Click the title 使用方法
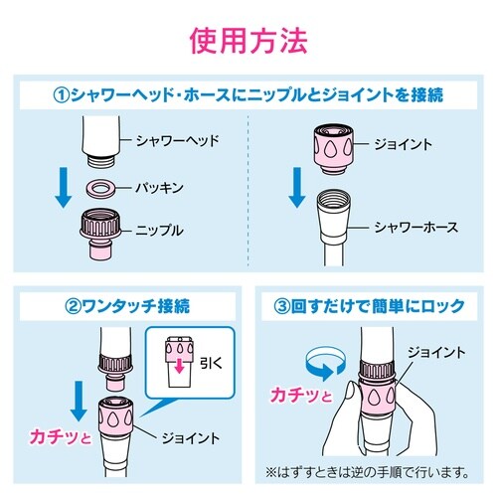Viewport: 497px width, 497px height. [x=248, y=41]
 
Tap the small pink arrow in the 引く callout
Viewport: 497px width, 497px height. [x=179, y=370]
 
